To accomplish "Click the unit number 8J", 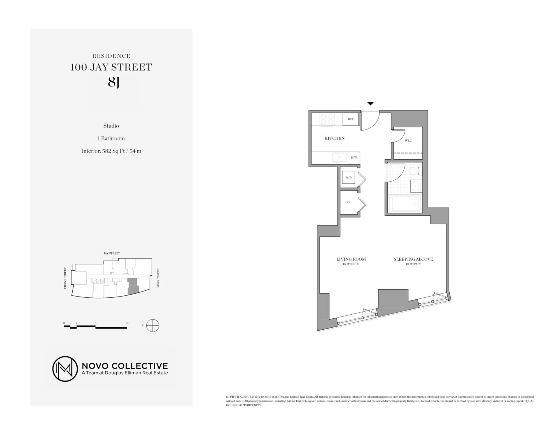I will click(x=113, y=82).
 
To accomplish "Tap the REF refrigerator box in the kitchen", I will click(x=350, y=119).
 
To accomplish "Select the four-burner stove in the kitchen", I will click(x=327, y=119).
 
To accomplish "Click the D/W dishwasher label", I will click(x=354, y=158).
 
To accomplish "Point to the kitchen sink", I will click(x=339, y=157).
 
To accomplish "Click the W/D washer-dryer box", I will click(x=349, y=177).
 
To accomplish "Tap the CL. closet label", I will click(x=349, y=202).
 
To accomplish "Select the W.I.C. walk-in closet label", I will click(x=408, y=141).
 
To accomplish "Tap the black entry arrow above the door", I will click(x=370, y=103).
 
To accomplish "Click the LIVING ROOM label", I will click(x=351, y=259).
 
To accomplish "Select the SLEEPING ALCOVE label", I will click(x=413, y=259).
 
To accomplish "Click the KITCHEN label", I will click(x=335, y=138).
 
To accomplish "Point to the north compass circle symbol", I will click(x=153, y=325).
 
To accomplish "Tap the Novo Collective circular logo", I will click(x=65, y=369).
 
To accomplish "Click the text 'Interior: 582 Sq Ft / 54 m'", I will click(x=111, y=151).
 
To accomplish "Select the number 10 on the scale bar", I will click(x=127, y=323).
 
